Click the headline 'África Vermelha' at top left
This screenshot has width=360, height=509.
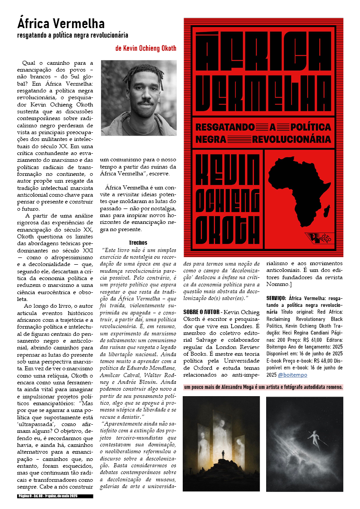(61, 23)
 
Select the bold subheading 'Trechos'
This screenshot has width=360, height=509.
(138, 243)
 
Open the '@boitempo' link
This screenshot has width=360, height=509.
(292, 375)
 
